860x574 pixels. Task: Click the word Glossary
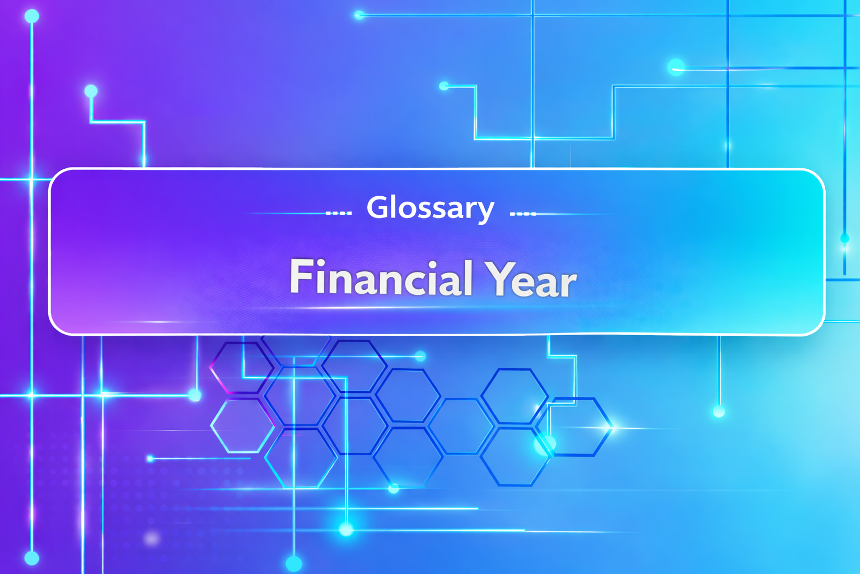pos(430,208)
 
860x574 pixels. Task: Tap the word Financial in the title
pos(381,278)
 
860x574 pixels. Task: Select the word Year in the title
pos(531,279)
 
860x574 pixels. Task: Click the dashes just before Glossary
pos(339,214)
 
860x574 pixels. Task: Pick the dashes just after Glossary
pos(523,214)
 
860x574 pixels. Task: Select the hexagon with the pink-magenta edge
pos(241,367)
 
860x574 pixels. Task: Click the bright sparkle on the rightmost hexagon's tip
pos(611,427)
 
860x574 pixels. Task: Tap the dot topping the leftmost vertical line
pos(32,16)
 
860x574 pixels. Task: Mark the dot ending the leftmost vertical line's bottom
pos(32,558)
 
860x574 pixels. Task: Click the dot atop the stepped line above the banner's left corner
pos(91,91)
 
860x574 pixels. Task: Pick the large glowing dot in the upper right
pos(676,67)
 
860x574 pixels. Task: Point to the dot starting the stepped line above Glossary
pos(444,86)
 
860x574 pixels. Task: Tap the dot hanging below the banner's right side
pos(719,412)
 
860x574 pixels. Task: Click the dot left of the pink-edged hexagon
pos(195,395)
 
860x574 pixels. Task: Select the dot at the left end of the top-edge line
pos(359,15)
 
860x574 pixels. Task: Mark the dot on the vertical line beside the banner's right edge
pos(844,239)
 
